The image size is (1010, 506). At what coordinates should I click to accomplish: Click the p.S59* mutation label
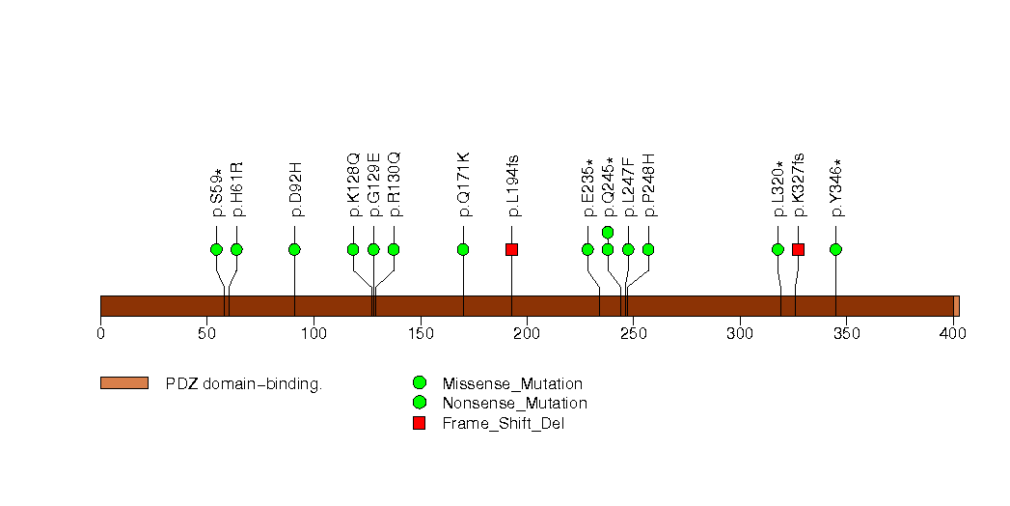point(216,192)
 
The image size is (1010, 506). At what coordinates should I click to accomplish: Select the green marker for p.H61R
point(236,249)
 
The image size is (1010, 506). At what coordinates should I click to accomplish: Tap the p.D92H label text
point(295,189)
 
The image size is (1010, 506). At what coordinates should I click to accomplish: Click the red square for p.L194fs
point(511,249)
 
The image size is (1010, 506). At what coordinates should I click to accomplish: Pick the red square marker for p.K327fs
point(798,249)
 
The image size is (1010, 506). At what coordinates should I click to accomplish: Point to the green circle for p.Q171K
point(462,249)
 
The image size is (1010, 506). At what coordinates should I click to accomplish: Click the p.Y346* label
point(836,187)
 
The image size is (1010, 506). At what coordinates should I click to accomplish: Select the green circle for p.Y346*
point(835,249)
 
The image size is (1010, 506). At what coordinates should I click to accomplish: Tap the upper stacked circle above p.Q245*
point(608,232)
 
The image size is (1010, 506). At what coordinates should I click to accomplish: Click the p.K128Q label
point(354,185)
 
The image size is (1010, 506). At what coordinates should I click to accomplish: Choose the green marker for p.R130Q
point(394,249)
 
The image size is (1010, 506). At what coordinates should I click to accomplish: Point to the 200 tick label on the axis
point(527,333)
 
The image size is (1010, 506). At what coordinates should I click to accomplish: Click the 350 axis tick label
point(846,333)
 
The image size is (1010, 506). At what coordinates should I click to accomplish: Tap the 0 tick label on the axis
point(100,333)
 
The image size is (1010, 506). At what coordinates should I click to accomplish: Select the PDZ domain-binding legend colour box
point(124,383)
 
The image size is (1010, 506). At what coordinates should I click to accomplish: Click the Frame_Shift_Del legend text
point(503,424)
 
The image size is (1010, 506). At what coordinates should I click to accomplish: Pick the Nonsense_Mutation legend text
point(515,404)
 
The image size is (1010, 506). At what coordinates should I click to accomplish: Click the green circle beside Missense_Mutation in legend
point(420,383)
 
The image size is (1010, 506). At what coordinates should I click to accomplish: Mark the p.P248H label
point(649,185)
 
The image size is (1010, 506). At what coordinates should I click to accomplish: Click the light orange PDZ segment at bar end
point(957,306)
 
